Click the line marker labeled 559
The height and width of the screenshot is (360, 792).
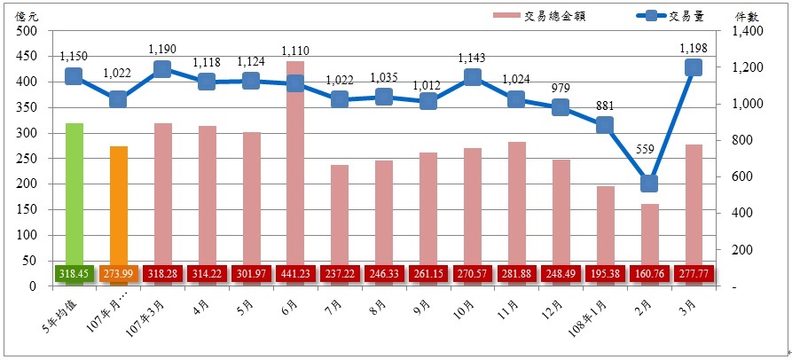tap(649, 184)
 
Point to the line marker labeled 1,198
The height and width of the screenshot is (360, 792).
tap(694, 67)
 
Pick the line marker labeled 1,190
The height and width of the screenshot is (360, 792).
tap(161, 69)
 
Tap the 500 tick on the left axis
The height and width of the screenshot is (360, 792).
tap(26, 31)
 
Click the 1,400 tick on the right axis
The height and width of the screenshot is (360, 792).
tap(749, 31)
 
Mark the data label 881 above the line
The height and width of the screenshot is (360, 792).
tap(605, 106)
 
